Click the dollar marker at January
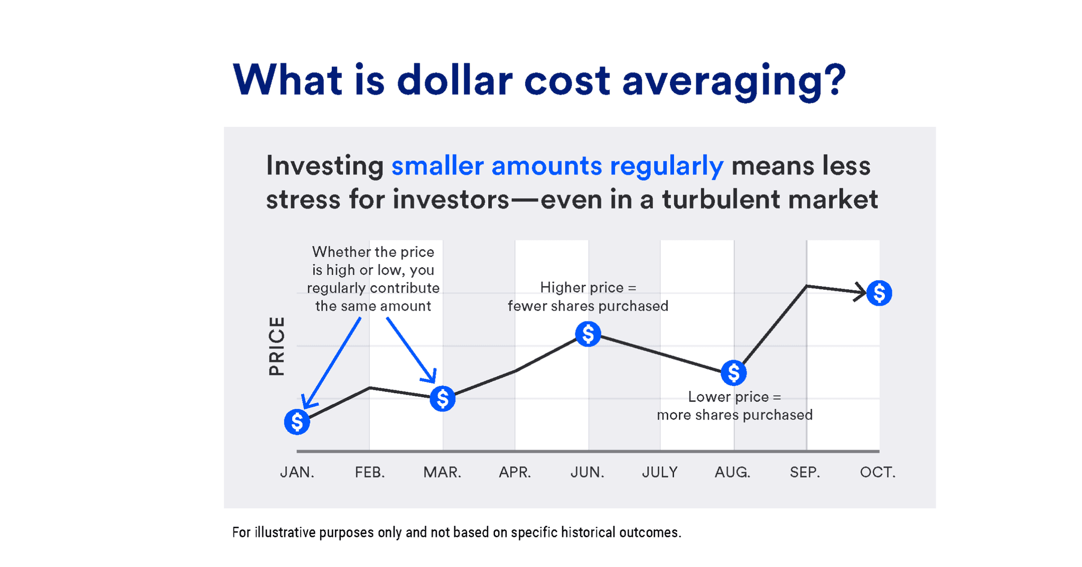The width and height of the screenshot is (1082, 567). (297, 422)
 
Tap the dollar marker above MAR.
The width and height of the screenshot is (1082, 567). (442, 398)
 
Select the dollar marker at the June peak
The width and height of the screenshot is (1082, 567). (587, 334)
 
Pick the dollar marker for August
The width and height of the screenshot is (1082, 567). (733, 373)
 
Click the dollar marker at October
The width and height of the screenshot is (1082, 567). (879, 292)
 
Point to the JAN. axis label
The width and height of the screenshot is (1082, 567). (297, 472)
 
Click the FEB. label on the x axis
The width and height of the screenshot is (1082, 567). (369, 472)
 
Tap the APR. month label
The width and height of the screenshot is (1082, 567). (515, 472)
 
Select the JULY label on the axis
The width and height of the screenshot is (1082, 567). (659, 472)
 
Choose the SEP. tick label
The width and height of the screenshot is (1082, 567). (805, 472)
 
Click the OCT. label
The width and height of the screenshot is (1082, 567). (878, 472)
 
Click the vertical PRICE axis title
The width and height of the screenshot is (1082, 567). (277, 346)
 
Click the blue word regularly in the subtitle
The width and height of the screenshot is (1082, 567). (666, 166)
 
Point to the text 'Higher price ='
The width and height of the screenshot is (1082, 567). (587, 287)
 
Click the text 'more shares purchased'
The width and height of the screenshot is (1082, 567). (734, 415)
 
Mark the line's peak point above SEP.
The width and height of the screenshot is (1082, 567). (806, 286)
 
